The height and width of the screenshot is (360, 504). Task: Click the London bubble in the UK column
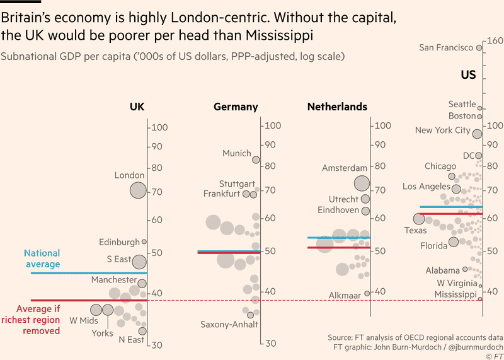pos(138,190)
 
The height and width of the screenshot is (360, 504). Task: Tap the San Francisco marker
pos(479,47)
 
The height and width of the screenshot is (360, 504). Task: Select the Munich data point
pos(256,160)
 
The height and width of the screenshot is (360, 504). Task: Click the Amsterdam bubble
pos(362,183)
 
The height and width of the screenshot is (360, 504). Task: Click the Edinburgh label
pos(119,242)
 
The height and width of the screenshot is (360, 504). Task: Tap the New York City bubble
pos(477,133)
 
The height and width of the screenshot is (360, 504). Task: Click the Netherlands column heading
pos(337,107)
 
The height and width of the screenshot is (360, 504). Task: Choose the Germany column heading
pos(236,107)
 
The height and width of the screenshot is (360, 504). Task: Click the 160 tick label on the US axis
pos(493,42)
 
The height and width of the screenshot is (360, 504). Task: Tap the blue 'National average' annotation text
pos(42,259)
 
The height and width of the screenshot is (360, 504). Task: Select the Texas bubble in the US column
pos(419,219)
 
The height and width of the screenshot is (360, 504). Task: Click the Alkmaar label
pos(344,295)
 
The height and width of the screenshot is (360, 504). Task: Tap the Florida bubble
pos(454,242)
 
